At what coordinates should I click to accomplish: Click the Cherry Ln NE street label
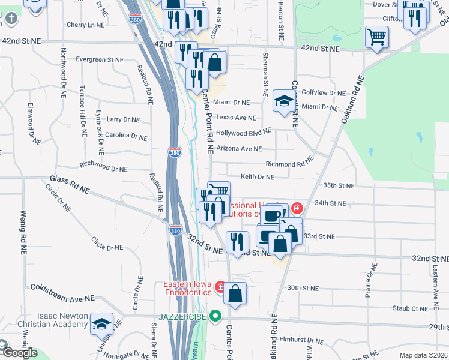(x=86, y=25)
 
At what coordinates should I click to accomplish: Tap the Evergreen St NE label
(x=98, y=60)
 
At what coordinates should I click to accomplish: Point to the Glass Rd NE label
(x=70, y=185)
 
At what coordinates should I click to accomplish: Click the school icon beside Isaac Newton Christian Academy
(x=101, y=324)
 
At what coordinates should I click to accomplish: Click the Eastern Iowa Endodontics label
(x=188, y=287)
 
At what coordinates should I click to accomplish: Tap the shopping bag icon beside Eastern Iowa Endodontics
(x=235, y=293)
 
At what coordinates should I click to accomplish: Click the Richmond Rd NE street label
(x=289, y=164)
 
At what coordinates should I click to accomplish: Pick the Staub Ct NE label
(x=410, y=308)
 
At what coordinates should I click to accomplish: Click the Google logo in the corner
(x=19, y=353)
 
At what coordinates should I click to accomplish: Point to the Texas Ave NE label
(x=236, y=118)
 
